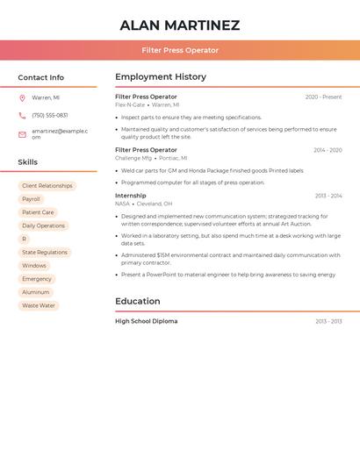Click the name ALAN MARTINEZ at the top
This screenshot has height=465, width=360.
click(179, 25)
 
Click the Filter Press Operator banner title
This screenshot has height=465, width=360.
click(179, 50)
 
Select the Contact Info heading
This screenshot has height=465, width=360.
click(40, 77)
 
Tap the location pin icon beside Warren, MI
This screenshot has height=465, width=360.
click(22, 98)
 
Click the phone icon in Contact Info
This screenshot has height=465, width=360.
click(22, 115)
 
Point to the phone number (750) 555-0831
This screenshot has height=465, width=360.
click(50, 115)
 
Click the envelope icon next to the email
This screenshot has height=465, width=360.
click(22, 134)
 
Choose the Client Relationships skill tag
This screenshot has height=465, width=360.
click(47, 186)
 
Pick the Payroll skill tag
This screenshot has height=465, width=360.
click(31, 199)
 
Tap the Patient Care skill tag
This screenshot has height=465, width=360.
click(38, 212)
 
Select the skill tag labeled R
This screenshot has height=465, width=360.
click(24, 239)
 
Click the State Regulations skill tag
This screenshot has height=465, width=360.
click(45, 252)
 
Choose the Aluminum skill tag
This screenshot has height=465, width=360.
click(36, 292)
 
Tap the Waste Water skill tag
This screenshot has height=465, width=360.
click(39, 305)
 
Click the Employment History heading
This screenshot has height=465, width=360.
click(161, 77)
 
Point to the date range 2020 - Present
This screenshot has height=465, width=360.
click(323, 97)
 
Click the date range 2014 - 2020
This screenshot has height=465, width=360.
click(328, 150)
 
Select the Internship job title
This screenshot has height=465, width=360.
click(131, 196)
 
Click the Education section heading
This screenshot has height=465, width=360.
click(138, 301)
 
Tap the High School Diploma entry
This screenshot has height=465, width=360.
click(146, 321)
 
